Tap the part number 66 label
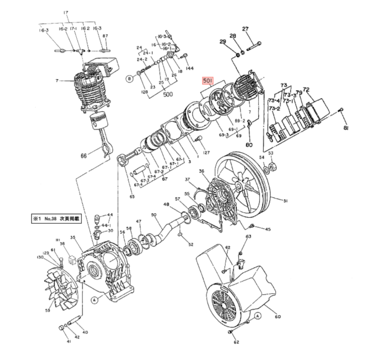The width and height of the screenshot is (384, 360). [x=83, y=156]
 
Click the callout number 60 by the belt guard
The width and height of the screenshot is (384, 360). [x=278, y=317]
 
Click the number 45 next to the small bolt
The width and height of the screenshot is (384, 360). [x=267, y=229]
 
